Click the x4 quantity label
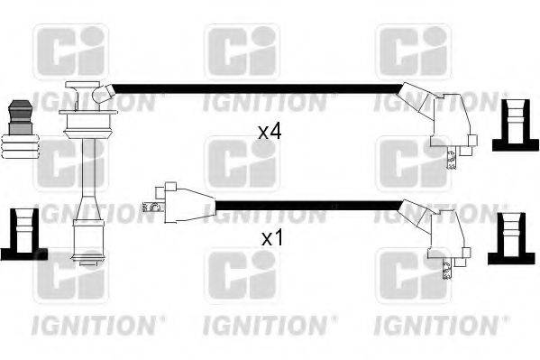[270, 132]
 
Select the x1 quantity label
[271, 240]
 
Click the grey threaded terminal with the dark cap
[19, 127]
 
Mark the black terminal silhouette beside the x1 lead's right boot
[511, 236]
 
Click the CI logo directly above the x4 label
[242, 51]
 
